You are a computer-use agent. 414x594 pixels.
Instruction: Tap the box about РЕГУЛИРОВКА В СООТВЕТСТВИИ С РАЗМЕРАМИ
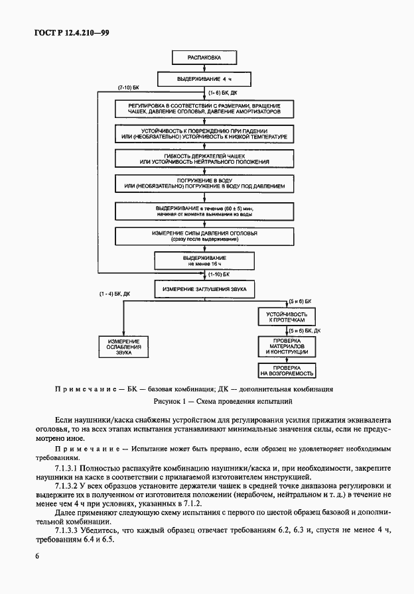pyautogui.click(x=205, y=109)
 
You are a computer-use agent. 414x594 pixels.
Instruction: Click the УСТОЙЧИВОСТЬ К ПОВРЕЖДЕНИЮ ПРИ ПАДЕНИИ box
pyautogui.click(x=205, y=134)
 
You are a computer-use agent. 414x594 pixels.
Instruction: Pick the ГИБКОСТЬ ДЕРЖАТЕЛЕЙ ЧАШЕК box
pyautogui.click(x=205, y=159)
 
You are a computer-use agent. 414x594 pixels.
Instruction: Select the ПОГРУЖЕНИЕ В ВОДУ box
pyautogui.click(x=205, y=185)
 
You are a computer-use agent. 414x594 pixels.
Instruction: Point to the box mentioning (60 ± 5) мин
pyautogui.click(x=205, y=211)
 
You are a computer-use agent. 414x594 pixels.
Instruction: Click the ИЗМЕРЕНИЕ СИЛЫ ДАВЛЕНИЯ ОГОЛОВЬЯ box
pyautogui.click(x=205, y=236)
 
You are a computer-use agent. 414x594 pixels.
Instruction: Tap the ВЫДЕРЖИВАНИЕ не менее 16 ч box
pyautogui.click(x=205, y=259)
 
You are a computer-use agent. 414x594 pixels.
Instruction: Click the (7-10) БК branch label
pyautogui.click(x=129, y=88)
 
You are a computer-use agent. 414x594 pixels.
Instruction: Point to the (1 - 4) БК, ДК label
pyautogui.click(x=115, y=293)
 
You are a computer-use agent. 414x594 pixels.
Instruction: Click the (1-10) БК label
pyautogui.click(x=220, y=274)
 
